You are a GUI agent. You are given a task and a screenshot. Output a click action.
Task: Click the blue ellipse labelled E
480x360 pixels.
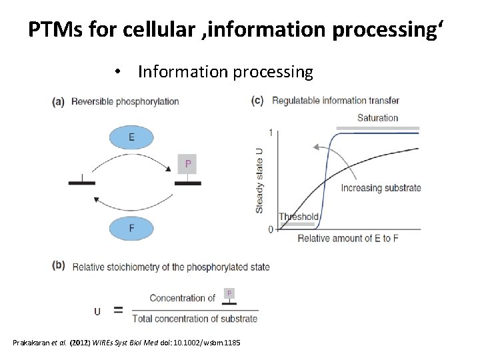pyautogui.click(x=131, y=137)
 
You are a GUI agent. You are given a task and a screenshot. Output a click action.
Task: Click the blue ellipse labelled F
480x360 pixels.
pyautogui.click(x=131, y=229)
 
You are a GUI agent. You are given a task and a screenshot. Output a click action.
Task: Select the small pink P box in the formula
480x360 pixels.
pyautogui.click(x=229, y=293)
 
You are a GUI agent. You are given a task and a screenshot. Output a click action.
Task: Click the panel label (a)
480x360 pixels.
pyautogui.click(x=59, y=102)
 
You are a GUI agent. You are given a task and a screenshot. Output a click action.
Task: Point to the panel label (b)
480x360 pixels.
pyautogui.click(x=59, y=265)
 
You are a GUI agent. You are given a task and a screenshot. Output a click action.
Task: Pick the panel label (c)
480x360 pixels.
pyautogui.click(x=257, y=101)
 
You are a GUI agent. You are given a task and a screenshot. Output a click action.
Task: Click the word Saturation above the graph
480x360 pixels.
pyautogui.click(x=377, y=118)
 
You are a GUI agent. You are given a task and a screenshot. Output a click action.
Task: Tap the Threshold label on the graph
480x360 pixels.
pyautogui.click(x=298, y=217)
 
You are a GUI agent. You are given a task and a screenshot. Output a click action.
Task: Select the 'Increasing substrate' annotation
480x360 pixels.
pyautogui.click(x=381, y=188)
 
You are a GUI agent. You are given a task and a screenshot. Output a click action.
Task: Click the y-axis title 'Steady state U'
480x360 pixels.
pyautogui.click(x=259, y=181)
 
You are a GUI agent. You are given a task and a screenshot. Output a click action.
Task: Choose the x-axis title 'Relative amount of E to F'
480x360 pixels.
pyautogui.click(x=348, y=239)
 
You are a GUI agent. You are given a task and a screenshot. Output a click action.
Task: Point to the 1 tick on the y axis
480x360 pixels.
pyautogui.click(x=271, y=132)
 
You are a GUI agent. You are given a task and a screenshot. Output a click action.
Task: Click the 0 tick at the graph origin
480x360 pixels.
pyautogui.click(x=271, y=230)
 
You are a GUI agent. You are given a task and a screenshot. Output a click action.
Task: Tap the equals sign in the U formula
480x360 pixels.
pyautogui.click(x=119, y=310)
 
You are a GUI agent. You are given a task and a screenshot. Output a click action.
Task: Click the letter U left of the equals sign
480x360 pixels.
pyautogui.click(x=97, y=311)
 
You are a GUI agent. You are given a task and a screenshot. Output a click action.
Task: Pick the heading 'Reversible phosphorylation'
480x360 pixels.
pyautogui.click(x=125, y=102)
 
